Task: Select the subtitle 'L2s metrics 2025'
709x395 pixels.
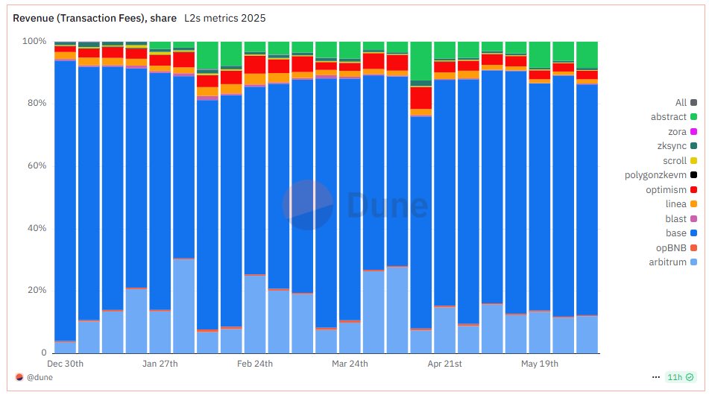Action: [224, 17]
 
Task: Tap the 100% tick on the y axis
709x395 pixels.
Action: [34, 41]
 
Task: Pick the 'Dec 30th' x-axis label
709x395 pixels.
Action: [65, 364]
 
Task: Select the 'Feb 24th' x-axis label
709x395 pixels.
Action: [255, 364]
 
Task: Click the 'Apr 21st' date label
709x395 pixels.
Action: [445, 364]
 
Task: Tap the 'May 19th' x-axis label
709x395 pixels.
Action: [540, 364]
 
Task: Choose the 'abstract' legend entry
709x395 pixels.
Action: [668, 117]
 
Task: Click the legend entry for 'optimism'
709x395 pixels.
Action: [666, 190]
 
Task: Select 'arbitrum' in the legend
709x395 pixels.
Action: [668, 262]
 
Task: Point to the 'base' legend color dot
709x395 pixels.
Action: [693, 233]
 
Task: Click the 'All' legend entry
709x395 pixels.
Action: [681, 103]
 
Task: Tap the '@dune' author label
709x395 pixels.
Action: [39, 378]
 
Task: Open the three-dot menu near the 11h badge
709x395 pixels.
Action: [656, 378]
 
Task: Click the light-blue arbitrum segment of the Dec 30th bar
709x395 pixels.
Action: [65, 347]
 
